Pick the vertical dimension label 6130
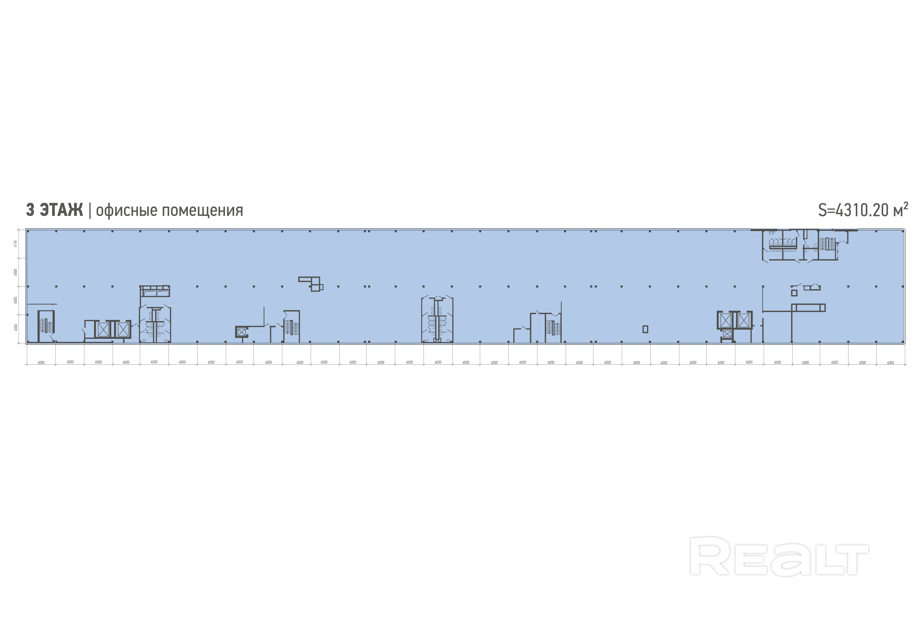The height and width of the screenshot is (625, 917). [15, 243]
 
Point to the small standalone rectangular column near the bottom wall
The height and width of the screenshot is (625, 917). [645, 329]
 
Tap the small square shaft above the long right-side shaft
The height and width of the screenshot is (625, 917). [794, 293]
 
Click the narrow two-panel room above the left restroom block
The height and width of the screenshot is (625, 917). [155, 292]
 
